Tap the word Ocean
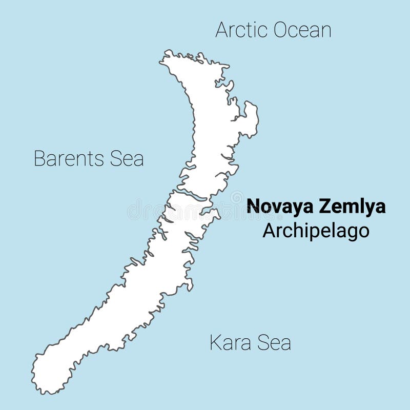coord(302,30)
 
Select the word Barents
coord(69,158)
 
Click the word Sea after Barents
coord(127,158)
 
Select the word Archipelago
coord(316,231)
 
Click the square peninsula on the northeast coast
coord(250,119)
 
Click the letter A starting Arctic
coord(221,30)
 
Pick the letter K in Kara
coord(215,342)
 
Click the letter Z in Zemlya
coord(324,207)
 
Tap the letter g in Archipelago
coord(352,232)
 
